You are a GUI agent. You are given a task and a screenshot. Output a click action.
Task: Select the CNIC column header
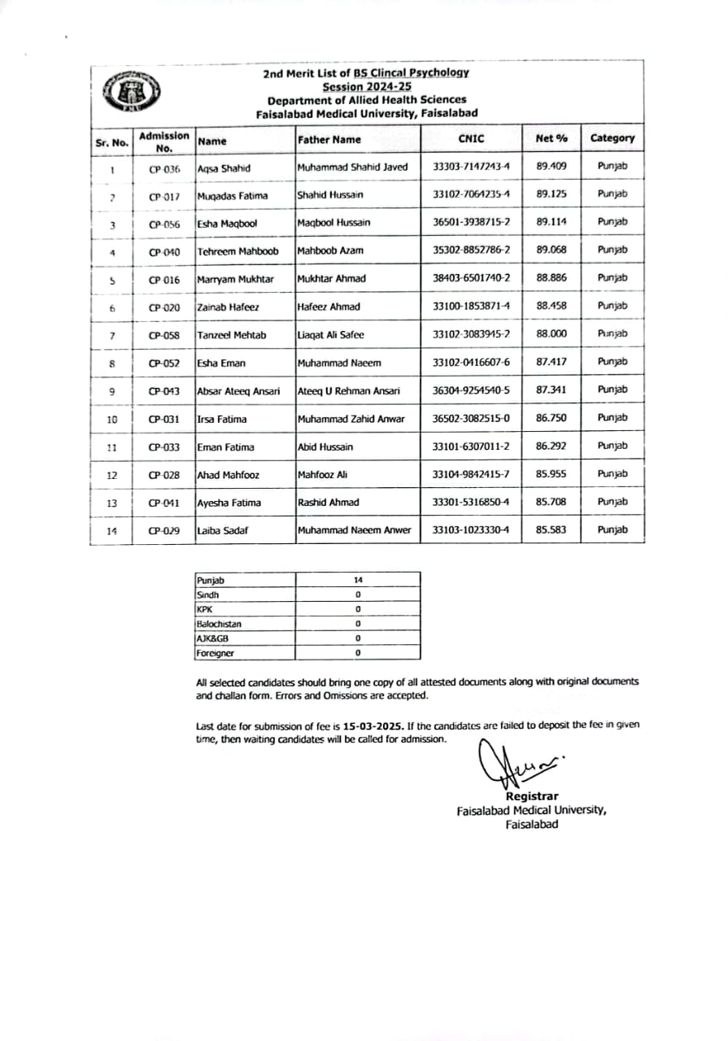[471, 139]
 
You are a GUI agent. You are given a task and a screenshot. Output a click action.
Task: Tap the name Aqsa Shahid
[224, 168]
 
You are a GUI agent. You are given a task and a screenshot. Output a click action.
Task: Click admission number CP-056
[164, 224]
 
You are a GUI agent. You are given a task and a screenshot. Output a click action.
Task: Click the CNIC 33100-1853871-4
[472, 306]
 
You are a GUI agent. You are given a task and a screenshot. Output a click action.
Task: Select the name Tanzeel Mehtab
[232, 334]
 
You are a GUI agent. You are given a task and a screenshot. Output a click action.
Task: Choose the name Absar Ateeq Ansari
[238, 390]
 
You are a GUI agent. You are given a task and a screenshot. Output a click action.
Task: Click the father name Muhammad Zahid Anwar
[351, 419]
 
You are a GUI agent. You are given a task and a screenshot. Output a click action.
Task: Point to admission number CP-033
[164, 447]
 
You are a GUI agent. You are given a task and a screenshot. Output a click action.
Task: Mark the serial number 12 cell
[112, 475]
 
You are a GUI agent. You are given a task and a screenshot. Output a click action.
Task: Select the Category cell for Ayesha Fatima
[612, 502]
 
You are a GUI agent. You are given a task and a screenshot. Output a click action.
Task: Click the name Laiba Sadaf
[221, 530]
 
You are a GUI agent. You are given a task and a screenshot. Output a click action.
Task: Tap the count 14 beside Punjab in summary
[358, 580]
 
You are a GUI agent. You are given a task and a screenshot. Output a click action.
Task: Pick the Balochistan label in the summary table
[219, 624]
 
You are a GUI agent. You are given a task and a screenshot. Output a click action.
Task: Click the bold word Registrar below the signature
[532, 796]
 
